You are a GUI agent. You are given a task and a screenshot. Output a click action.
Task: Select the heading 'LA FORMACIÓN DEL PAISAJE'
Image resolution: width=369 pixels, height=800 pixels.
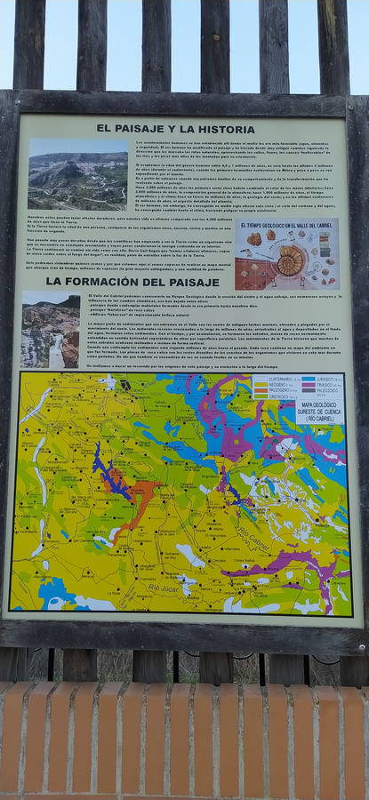(132, 281)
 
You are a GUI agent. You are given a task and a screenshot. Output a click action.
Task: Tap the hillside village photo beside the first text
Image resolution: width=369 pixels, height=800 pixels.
(77, 174)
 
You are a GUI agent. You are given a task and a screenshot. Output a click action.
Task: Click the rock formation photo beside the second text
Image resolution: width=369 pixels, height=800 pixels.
(50, 330)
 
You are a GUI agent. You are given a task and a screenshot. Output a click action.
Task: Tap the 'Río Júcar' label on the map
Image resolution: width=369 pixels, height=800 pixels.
(164, 588)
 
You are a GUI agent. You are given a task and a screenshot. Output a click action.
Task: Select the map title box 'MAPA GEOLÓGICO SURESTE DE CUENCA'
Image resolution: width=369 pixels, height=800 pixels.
(319, 411)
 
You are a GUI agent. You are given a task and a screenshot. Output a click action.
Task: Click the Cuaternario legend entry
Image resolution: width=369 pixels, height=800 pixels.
(272, 379)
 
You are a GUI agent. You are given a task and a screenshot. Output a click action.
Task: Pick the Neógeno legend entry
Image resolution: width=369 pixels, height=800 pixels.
(272, 384)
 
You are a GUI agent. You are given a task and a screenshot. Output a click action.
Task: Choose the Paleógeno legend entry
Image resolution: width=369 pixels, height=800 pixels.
(272, 390)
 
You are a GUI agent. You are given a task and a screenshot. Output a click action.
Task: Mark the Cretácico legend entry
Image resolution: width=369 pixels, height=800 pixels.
(272, 396)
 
